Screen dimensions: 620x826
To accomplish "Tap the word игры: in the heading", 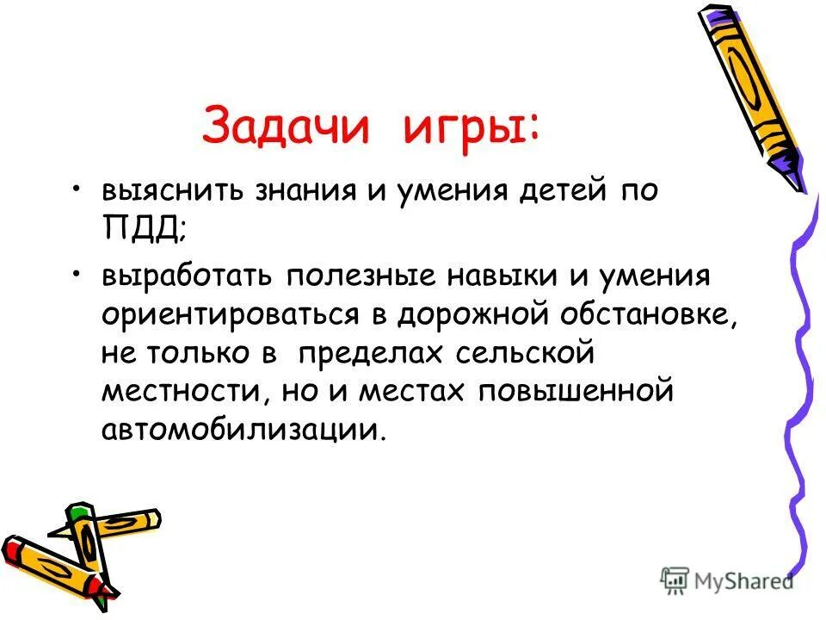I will tap(472, 127).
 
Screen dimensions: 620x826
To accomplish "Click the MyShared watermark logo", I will tap(727, 580).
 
